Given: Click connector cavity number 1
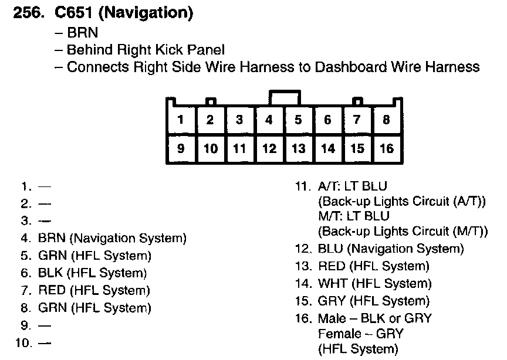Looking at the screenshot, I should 181,120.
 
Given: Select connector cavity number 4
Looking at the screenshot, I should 269,120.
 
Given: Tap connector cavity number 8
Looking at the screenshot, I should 386,120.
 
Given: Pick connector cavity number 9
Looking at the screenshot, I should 181,149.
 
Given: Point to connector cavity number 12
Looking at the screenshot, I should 269,149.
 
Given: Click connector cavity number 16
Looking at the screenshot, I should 386,149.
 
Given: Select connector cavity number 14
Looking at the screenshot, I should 327,149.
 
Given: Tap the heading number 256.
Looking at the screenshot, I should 26,13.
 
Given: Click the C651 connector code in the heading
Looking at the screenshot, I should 71,13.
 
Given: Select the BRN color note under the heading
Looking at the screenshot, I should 82,33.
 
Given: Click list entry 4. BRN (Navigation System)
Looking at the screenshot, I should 111,239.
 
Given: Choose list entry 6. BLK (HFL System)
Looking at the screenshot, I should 92,273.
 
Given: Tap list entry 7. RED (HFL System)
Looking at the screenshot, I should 94,290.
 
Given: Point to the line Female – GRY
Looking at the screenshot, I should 360,334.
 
